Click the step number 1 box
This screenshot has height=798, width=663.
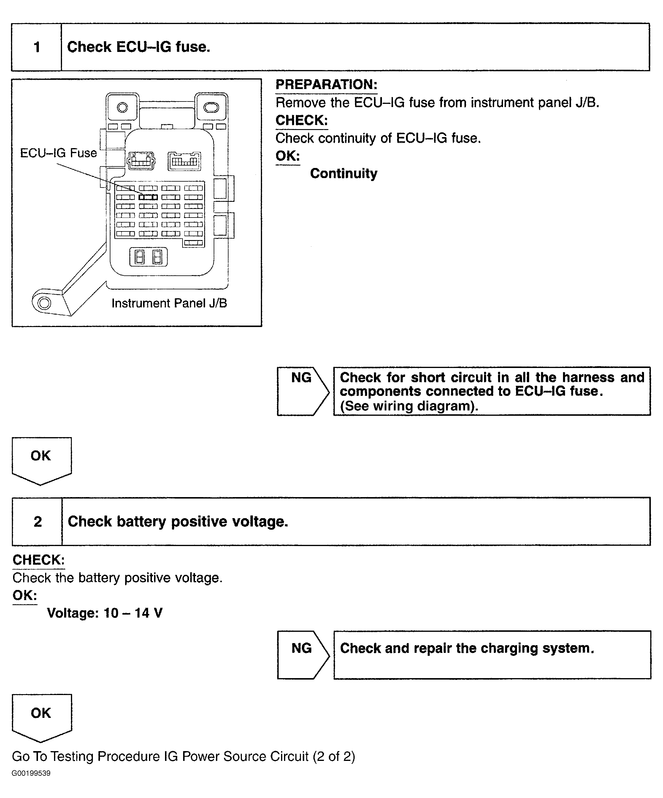click(37, 47)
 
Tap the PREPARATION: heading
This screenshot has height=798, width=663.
click(326, 84)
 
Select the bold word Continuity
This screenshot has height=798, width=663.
click(343, 173)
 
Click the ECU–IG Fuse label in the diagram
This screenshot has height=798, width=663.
click(58, 153)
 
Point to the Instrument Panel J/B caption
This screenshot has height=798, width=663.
click(169, 303)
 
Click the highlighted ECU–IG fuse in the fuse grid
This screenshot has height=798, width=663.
click(148, 197)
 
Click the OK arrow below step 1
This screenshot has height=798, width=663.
click(41, 459)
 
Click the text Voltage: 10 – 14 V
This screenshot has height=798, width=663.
click(104, 613)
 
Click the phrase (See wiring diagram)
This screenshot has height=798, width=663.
click(409, 406)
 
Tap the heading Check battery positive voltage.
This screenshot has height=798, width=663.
click(178, 521)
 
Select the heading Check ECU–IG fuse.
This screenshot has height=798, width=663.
click(138, 47)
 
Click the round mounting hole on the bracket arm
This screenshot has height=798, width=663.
click(44, 303)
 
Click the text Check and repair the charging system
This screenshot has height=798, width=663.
click(467, 648)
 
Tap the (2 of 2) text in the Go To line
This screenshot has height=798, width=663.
click(334, 756)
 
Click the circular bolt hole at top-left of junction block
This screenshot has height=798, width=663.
click(122, 107)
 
